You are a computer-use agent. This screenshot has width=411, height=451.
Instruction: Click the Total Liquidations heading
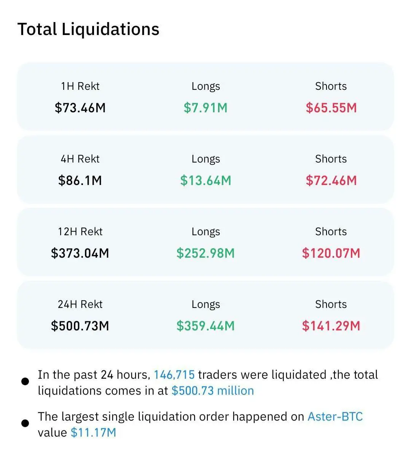coord(88,29)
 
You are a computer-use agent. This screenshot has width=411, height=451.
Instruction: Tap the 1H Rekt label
coord(80,86)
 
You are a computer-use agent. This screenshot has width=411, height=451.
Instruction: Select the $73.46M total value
coord(80,108)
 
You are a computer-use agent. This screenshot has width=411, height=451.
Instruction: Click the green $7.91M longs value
coord(205,108)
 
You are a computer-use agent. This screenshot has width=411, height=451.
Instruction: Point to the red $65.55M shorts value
coord(331,108)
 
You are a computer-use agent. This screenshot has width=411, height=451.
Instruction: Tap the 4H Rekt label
coord(80,159)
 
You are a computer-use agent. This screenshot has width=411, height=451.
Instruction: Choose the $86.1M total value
coord(80,180)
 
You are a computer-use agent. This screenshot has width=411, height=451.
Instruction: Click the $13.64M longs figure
coord(205,180)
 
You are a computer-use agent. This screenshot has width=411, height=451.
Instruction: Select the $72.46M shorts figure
coord(331,180)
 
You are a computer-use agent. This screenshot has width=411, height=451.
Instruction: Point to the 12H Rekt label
coord(80,232)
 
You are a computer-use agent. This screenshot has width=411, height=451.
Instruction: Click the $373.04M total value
coord(80,253)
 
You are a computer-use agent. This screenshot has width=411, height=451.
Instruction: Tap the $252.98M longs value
coord(205,253)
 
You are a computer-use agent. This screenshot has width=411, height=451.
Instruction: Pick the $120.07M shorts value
coord(331,253)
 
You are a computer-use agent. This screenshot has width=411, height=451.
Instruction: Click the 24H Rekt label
coord(80,304)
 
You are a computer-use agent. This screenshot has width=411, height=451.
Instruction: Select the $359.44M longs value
coord(205,326)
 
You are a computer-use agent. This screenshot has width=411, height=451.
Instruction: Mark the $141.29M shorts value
coord(331,326)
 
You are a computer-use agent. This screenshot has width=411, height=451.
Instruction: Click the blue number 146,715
coord(174,375)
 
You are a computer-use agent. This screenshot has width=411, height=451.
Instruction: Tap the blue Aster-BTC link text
coord(335,416)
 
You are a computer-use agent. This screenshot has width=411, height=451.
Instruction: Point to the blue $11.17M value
coord(93,433)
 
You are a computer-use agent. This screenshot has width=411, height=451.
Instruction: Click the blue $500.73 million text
coord(212,391)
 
